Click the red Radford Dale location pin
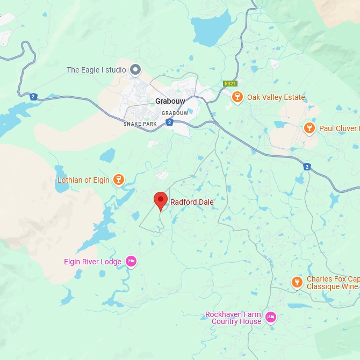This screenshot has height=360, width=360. tap(161, 201)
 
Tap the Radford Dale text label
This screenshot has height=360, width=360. tap(192, 203)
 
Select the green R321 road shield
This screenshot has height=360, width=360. tap(230, 84)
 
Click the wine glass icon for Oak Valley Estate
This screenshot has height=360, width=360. tap(236, 97)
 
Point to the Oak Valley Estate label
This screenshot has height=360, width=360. tap(276, 98)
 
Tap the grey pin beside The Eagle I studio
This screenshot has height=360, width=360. tap(136, 70)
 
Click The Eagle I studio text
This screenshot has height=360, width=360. tap(96, 70)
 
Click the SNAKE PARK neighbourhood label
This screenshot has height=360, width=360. tap(140, 124)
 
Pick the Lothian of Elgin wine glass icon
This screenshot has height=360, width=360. tap(119, 180)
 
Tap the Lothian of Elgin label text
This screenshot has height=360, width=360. tap(83, 181)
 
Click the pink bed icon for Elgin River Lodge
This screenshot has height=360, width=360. tap(131, 262)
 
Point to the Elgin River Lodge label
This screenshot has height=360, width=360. tap(92, 262)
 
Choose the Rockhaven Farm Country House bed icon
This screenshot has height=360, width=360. tap(271, 318)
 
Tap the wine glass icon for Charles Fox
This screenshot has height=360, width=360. tap(297, 283)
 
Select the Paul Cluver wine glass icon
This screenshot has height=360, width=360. tap(309, 128)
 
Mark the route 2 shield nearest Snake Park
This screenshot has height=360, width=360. tap(169, 123)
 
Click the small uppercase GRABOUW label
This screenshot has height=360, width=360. tap(175, 113)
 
